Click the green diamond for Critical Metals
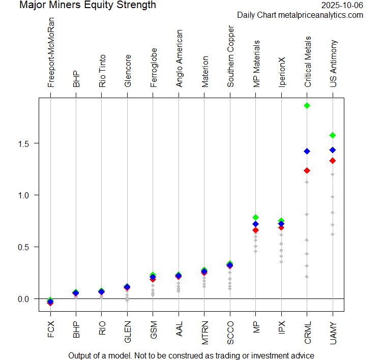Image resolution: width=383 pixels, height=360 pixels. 307,106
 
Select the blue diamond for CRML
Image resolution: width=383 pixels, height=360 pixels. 307,151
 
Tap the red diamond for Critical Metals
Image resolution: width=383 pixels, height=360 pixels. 307,170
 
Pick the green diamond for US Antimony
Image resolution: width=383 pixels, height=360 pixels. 333,135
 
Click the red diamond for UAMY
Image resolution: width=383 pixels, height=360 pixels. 333,161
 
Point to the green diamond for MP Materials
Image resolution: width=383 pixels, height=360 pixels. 256,217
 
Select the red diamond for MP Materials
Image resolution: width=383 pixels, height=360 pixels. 256,230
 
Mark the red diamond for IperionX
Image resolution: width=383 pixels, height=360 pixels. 281,227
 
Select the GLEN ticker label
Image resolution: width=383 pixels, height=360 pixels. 128,327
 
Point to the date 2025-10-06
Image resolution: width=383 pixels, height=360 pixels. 342,6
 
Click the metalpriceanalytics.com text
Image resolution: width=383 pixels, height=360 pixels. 321,15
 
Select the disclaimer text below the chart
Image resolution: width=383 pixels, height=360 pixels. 191,355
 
